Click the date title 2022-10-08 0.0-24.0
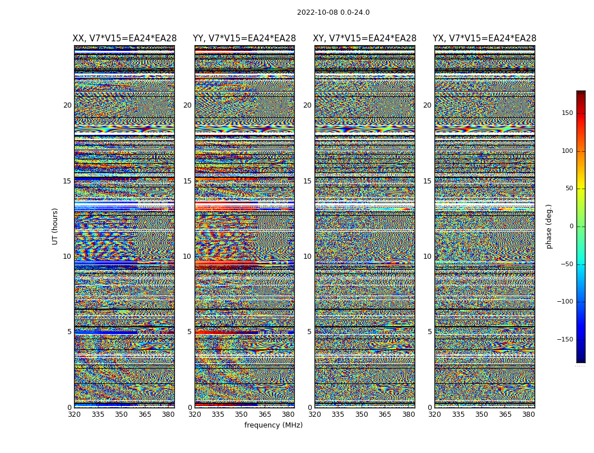(x=333, y=12)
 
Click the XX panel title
(x=124, y=39)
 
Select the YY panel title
(x=244, y=39)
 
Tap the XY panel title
(x=365, y=39)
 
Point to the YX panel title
(x=484, y=39)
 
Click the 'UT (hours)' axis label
(x=55, y=226)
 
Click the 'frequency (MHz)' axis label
(x=273, y=425)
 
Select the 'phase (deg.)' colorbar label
(x=549, y=226)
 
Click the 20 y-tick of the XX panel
(x=67, y=105)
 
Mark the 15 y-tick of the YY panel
(x=187, y=181)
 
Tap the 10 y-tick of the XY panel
(x=307, y=257)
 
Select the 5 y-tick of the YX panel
(x=429, y=332)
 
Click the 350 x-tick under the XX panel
(x=122, y=414)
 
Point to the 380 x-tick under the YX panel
(x=528, y=414)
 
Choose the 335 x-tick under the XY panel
(x=338, y=414)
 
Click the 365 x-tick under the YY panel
(x=265, y=414)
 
